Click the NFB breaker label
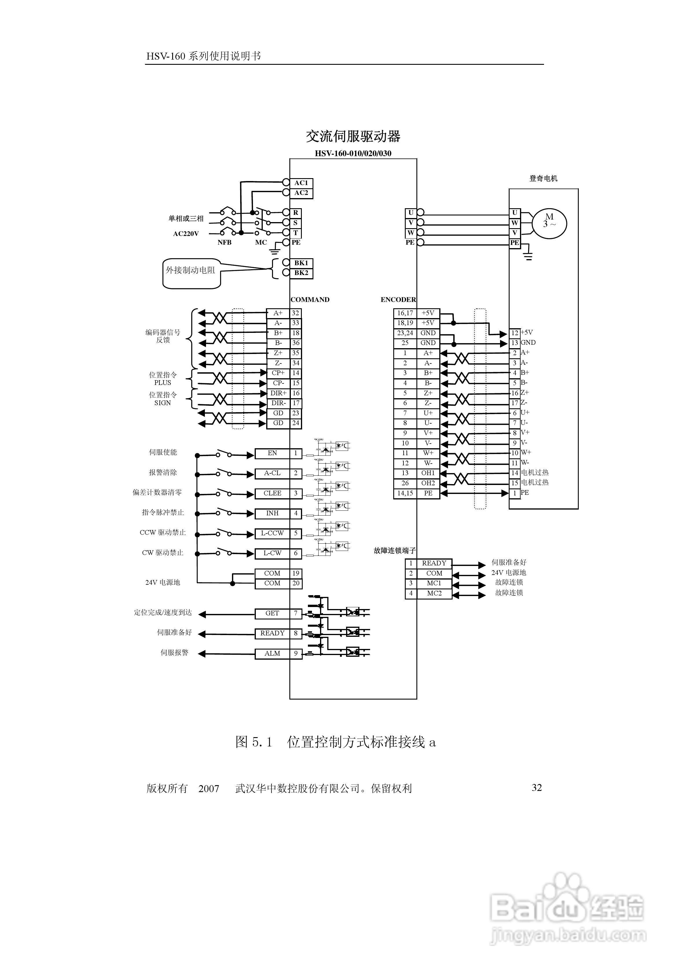(x=225, y=243)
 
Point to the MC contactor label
(x=261, y=243)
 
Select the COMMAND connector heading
(x=310, y=300)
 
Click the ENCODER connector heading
(x=398, y=300)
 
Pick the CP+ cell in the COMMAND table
(x=278, y=373)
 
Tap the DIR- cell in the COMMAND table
(x=278, y=403)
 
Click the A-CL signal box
(x=272, y=473)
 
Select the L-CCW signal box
(x=272, y=533)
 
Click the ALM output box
(x=272, y=654)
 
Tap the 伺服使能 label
(x=163, y=452)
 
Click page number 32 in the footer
(x=536, y=788)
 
